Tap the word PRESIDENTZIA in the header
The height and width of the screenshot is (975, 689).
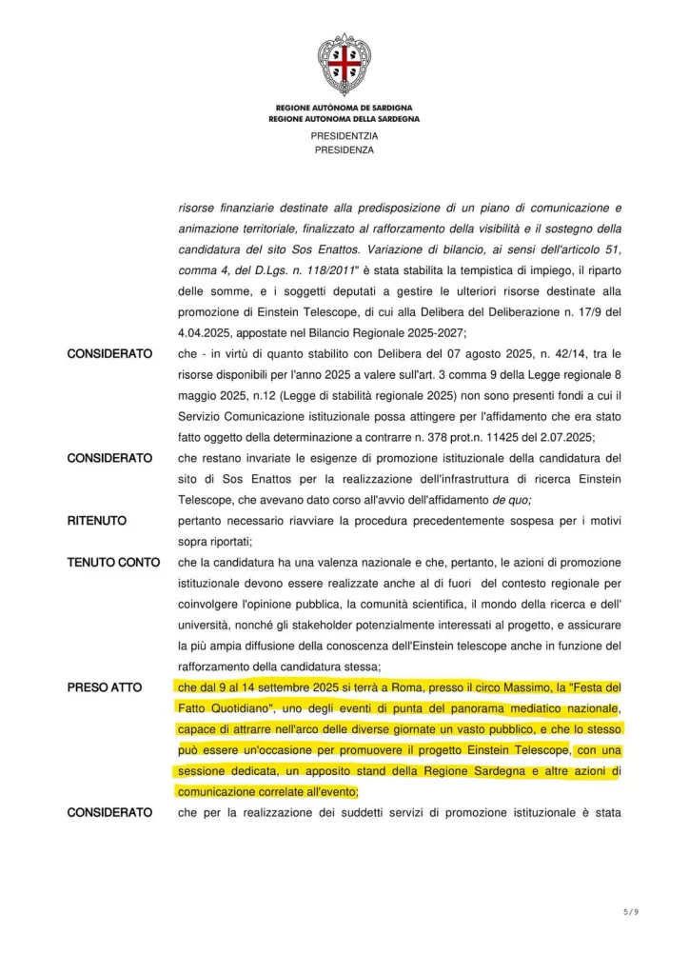point(344,136)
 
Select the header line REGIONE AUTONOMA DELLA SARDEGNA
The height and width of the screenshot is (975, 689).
point(344,119)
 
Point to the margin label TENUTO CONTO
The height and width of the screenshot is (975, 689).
point(113,562)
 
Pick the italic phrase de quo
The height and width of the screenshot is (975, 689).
point(512,500)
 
